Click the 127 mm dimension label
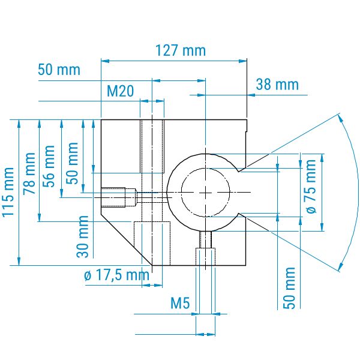[x=181, y=50]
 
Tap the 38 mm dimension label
[x=277, y=84]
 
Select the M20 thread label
[x=120, y=91]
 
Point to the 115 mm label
[x=8, y=192]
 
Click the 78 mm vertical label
[x=29, y=173]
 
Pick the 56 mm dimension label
[x=49, y=166]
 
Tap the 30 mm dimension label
[x=82, y=237]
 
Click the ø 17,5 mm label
[x=116, y=275]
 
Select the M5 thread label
[x=180, y=303]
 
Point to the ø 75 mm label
[x=311, y=187]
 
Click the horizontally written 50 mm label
[x=59, y=70]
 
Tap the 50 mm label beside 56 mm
[x=72, y=163]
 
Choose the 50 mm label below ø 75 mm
[x=289, y=288]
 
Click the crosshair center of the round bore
[x=205, y=193]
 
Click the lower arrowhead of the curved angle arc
[x=341, y=267]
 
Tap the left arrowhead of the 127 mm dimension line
[x=105, y=61]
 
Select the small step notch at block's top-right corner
[x=246, y=126]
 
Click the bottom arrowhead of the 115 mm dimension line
[x=19, y=261]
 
